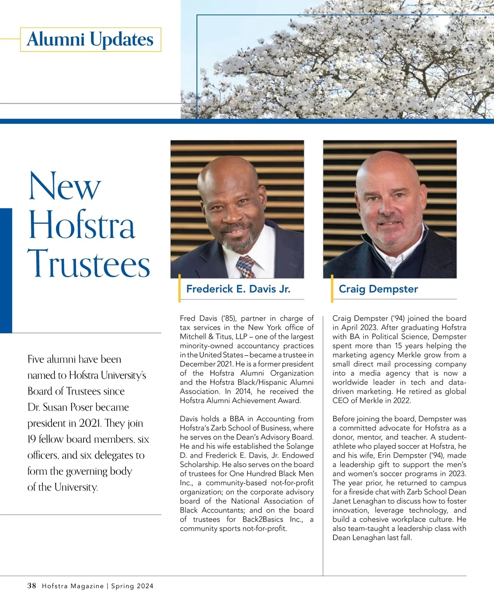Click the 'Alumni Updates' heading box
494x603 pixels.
pos(90,39)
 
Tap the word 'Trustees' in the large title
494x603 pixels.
pos(89,263)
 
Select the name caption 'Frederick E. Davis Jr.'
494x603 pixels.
pos(238,289)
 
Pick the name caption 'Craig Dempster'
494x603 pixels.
pos(378,289)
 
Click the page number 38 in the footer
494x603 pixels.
pos(32,586)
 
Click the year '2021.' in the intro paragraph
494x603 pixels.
pos(90,423)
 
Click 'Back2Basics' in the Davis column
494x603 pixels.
pos(263,519)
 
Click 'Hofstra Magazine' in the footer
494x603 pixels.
pos(73,586)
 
